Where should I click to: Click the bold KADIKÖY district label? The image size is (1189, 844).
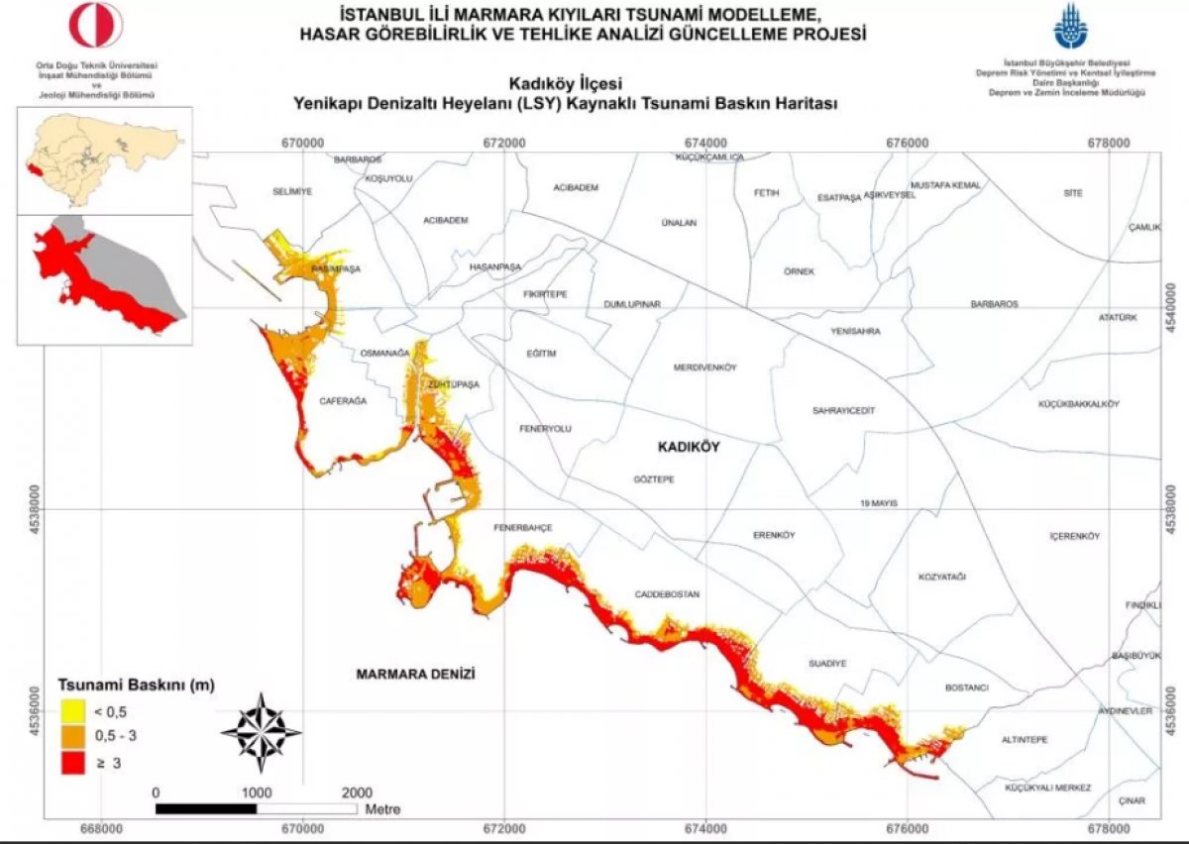tap(689, 448)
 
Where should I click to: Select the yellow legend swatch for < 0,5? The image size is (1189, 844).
tap(71, 711)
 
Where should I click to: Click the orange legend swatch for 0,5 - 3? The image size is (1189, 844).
tap(71, 737)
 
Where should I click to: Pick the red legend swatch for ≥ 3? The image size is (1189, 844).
tap(71, 763)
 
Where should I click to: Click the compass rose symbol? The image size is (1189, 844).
tap(262, 733)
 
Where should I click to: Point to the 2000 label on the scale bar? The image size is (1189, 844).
tap(357, 792)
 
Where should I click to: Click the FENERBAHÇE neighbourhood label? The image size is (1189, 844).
tap(522, 527)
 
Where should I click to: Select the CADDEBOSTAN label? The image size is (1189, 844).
tap(667, 594)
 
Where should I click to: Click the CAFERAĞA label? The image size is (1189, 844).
tap(343, 401)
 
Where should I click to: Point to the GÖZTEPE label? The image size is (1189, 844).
tap(653, 479)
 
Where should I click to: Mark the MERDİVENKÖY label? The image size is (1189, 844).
tap(705, 368)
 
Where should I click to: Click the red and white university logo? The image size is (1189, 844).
tap(96, 26)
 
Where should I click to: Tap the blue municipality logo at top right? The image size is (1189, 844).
tap(1069, 27)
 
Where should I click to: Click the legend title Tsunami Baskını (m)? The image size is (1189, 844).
tap(137, 685)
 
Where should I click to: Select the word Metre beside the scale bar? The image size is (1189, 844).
tap(383, 810)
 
